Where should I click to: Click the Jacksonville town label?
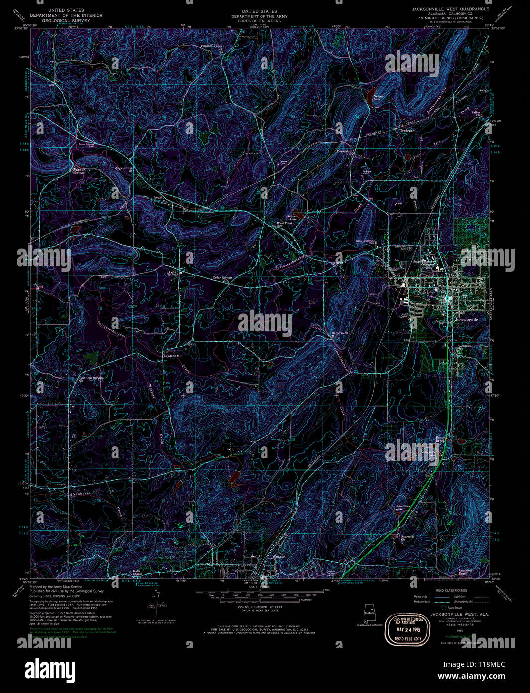pos(466,320)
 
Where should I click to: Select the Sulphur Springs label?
pos(79,171)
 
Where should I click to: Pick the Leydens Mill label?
pos(173,356)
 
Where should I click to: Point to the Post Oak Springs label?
pos(91,378)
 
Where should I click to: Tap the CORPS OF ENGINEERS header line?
pos(259,21)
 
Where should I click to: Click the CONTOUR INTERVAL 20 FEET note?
pos(259,607)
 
